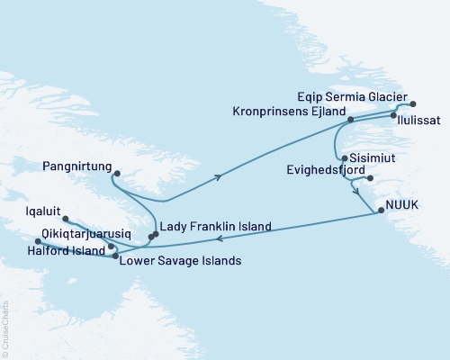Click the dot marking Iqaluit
[x=67, y=218]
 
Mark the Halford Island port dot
[x=38, y=241]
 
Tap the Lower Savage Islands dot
[x=115, y=257]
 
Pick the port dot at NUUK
[x=381, y=211]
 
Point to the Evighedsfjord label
[x=323, y=168]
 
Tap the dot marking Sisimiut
[x=345, y=157]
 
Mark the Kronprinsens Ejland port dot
[x=351, y=119]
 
